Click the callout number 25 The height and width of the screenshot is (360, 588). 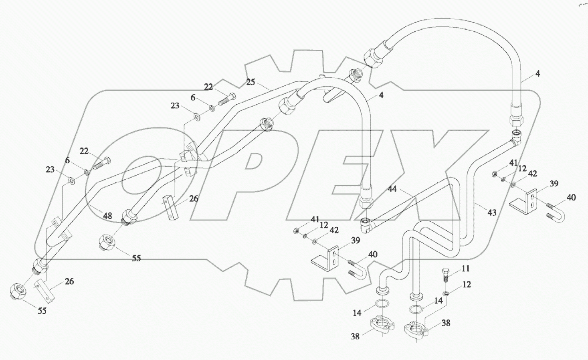point(251,82)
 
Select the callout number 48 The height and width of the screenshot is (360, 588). point(107,216)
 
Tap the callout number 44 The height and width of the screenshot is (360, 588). point(392,188)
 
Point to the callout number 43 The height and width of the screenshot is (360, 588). point(492,212)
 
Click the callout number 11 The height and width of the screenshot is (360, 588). point(465,269)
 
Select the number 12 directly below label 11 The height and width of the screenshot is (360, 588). point(467,285)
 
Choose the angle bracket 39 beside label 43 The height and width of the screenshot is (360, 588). point(524,200)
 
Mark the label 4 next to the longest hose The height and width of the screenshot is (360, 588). point(537,74)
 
